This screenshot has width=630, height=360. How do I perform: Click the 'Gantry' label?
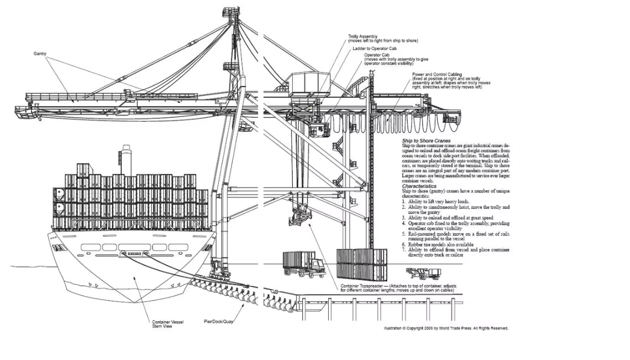click(x=39, y=54)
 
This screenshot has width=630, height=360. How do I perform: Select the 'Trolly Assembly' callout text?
click(x=364, y=37)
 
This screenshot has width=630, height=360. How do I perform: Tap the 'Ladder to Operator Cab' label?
click(x=376, y=48)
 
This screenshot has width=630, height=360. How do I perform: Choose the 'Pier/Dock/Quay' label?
click(x=218, y=322)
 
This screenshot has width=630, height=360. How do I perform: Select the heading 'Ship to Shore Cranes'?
click(x=426, y=140)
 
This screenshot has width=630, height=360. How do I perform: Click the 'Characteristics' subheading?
click(x=419, y=186)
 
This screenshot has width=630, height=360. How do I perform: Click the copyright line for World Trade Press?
click(x=446, y=328)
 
